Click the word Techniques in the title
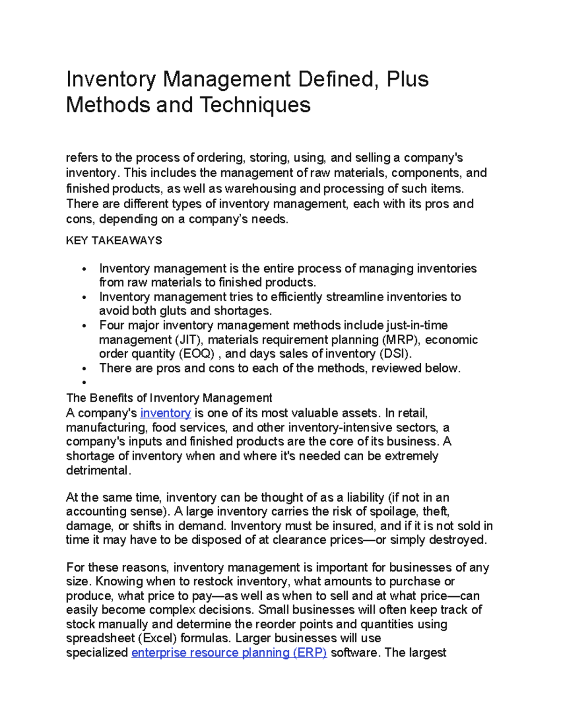[255, 105]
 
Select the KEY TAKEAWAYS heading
[114, 241]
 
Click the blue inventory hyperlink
[165, 413]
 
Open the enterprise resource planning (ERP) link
[229, 653]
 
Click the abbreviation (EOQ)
[196, 354]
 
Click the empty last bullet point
[84, 383]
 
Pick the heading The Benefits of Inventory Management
[169, 398]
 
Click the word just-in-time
[417, 325]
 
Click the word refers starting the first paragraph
[82, 158]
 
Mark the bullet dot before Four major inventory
[84, 326]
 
